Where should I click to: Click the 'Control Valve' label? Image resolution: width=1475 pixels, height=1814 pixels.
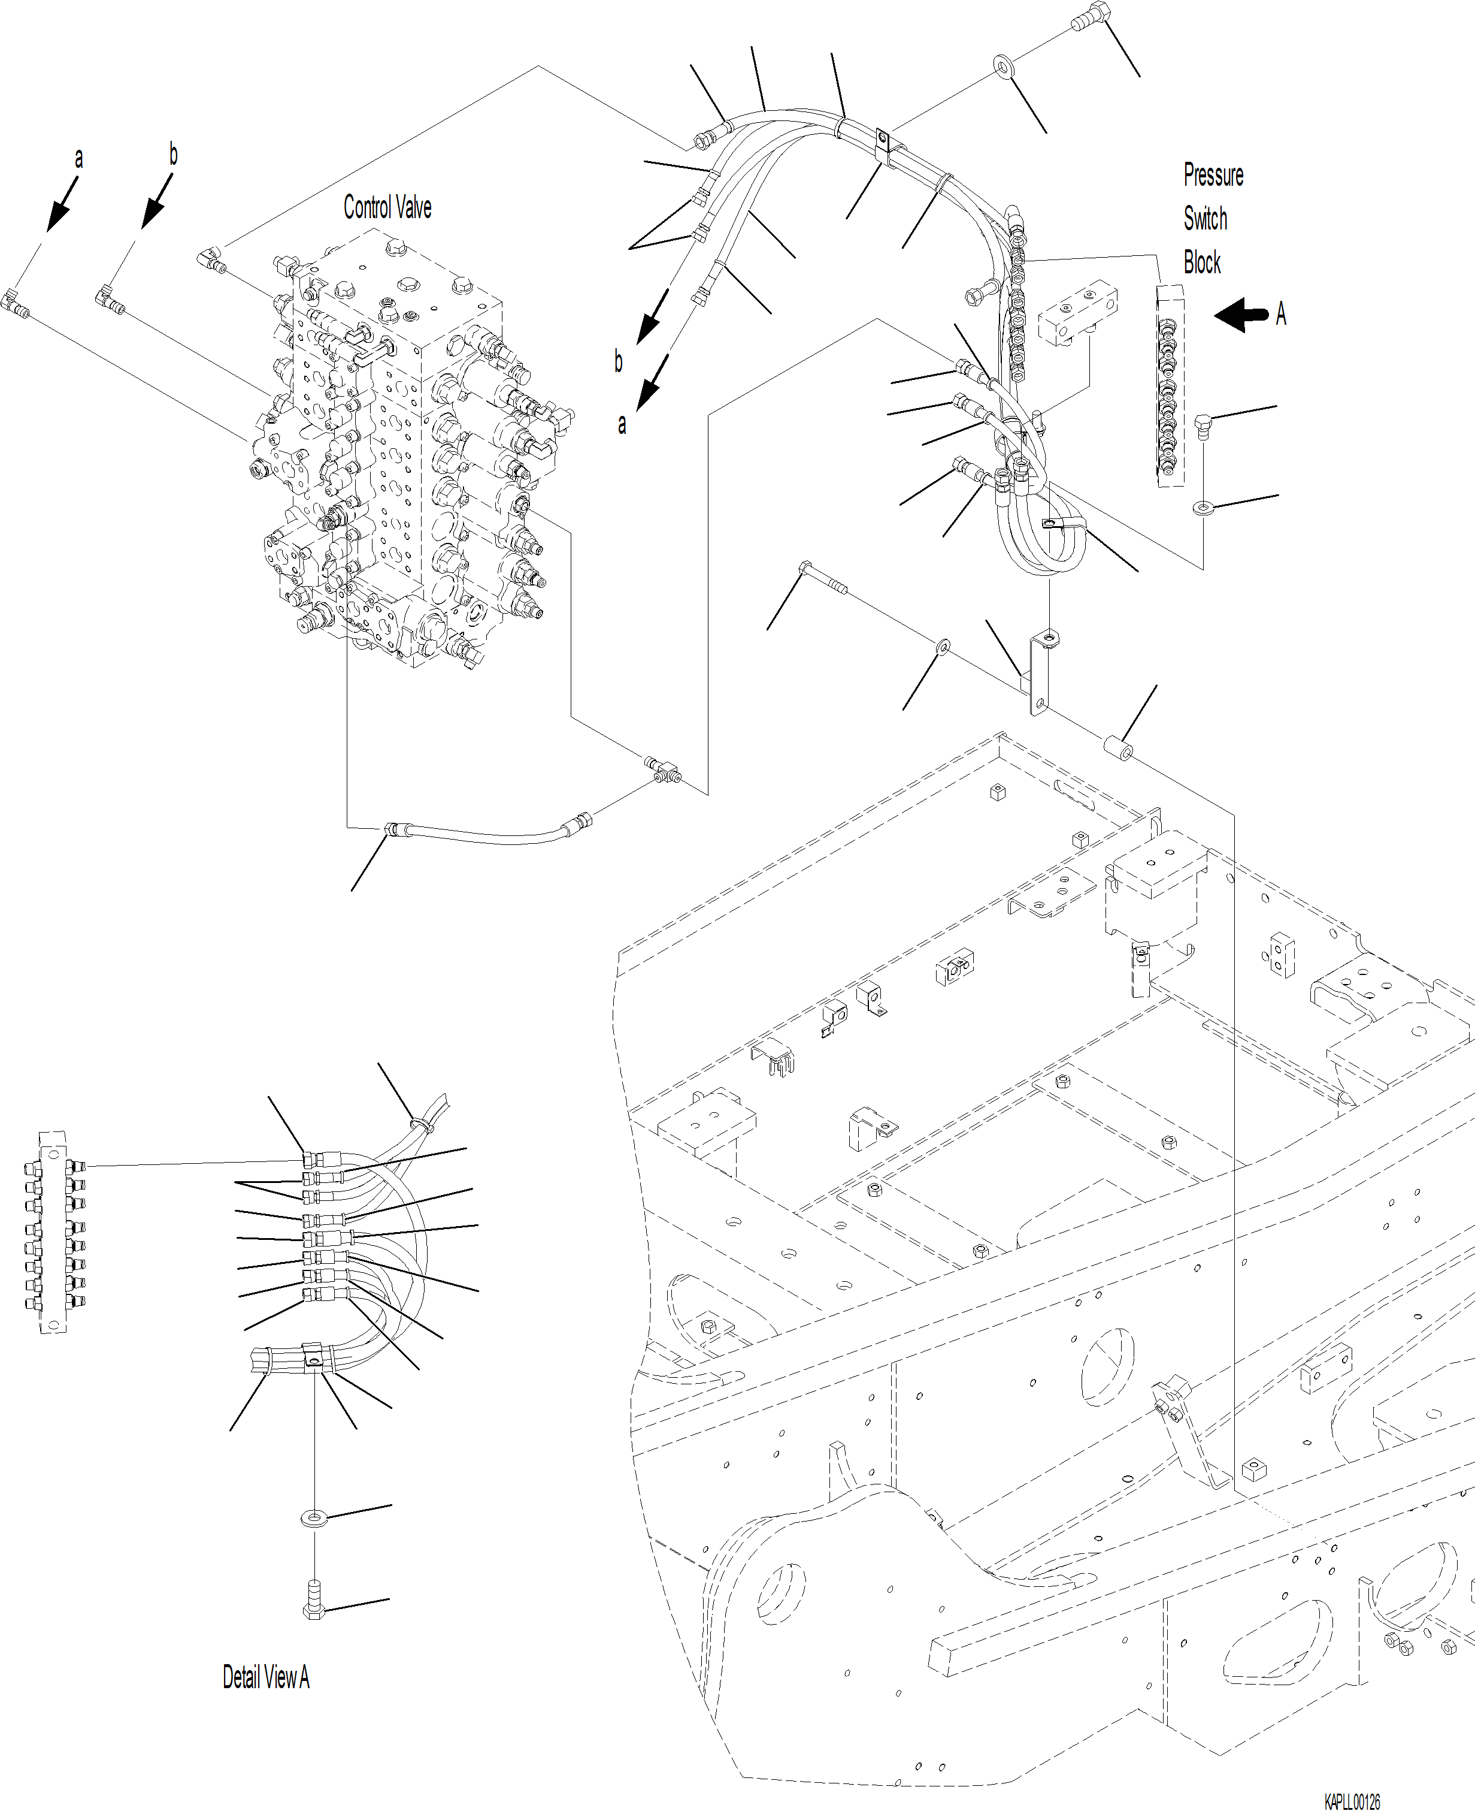[387, 207]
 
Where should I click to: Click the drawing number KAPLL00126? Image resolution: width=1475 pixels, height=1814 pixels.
[1352, 1802]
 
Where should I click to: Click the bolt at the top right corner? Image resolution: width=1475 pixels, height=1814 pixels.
[1091, 16]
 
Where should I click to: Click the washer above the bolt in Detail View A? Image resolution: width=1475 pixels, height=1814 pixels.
[314, 1517]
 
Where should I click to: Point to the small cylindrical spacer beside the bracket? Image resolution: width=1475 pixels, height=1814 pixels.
[1118, 748]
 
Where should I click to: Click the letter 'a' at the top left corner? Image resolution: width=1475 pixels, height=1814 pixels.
[78, 159]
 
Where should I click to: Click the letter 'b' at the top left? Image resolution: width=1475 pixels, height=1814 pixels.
[172, 155]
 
